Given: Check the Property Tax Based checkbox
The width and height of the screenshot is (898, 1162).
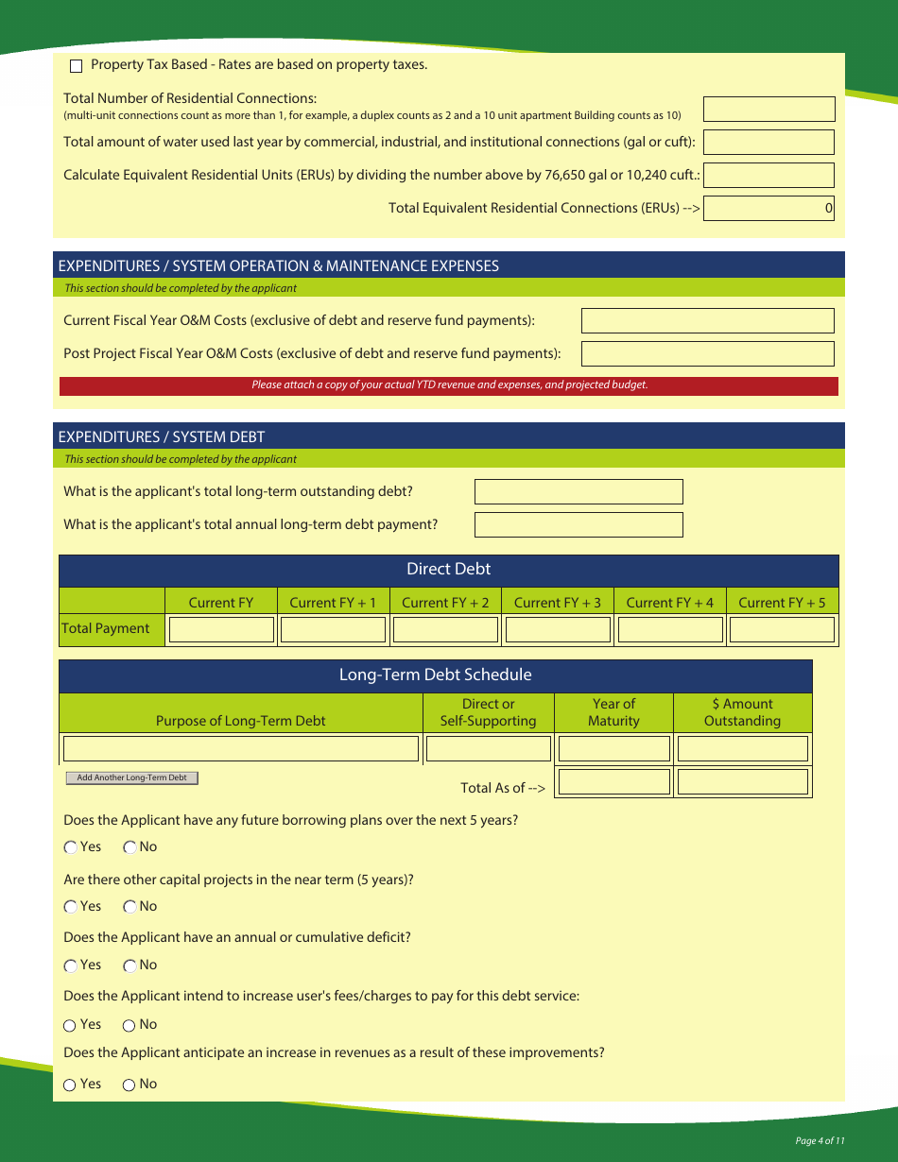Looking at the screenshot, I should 77,66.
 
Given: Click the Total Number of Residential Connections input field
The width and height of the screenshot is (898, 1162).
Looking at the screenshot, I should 768,110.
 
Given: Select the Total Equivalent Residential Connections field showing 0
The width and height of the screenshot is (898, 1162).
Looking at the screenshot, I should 768,208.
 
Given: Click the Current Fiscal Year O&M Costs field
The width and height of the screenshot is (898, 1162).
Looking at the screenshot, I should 707,321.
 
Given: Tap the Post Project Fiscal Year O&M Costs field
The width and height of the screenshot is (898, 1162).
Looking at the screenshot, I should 707,354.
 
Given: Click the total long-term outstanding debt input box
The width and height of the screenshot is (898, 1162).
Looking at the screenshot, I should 578,492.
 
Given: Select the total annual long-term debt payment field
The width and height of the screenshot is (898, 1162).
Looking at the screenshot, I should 578,525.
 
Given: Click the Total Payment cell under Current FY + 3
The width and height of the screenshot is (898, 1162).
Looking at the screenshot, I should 558,630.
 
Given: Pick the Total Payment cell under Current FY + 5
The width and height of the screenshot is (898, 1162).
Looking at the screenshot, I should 782,630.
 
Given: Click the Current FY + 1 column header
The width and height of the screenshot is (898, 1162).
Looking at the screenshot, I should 333,603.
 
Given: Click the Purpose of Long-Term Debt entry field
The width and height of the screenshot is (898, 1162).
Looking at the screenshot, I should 240,749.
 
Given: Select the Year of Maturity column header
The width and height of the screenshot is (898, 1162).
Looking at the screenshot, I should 613,712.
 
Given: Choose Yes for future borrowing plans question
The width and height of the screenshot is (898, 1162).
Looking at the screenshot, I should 71,847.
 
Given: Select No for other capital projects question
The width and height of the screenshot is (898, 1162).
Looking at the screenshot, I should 130,907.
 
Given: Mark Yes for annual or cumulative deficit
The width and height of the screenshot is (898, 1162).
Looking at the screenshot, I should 71,965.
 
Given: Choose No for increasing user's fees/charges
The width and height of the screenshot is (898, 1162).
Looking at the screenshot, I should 130,1025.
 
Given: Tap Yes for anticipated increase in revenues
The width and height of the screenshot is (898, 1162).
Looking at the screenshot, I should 71,1085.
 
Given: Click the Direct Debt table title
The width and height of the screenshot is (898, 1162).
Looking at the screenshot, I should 448,569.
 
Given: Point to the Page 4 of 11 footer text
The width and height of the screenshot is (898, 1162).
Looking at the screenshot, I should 820,1141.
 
